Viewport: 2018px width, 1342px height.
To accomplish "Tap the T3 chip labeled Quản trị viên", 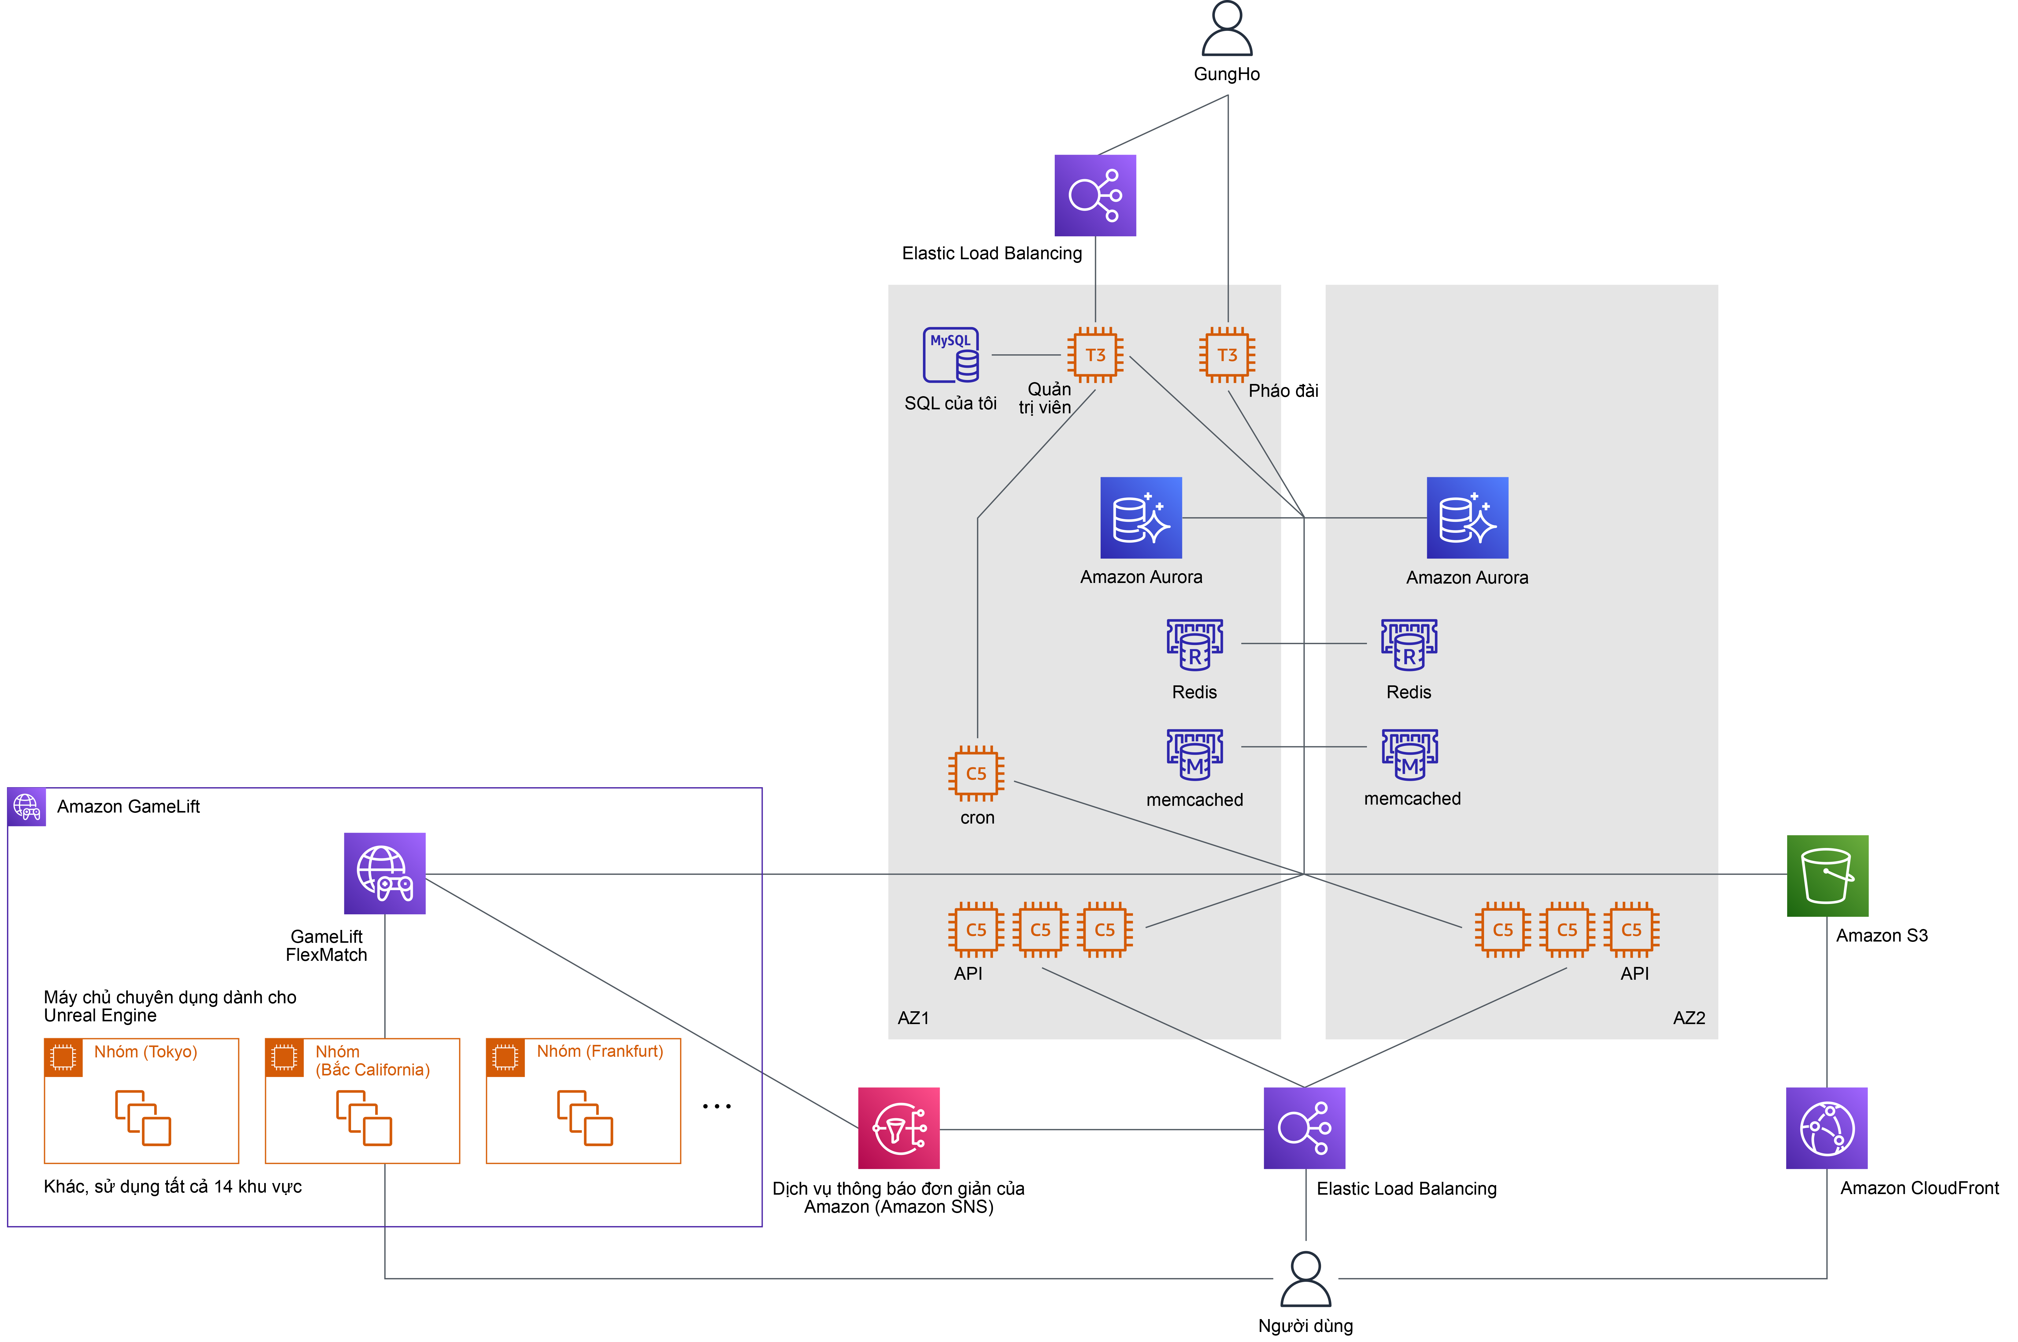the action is [x=1095, y=354].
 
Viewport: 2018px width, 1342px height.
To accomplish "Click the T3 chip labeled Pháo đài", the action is [x=1227, y=354].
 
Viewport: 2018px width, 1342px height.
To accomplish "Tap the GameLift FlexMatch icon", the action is [x=384, y=873].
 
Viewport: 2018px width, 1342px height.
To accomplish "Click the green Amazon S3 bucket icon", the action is [x=1827, y=876].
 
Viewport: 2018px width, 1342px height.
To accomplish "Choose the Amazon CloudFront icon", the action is [x=1826, y=1128].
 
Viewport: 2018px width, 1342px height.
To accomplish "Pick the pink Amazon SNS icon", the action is [x=899, y=1128].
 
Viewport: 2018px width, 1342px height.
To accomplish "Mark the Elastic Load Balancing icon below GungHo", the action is [x=1095, y=195].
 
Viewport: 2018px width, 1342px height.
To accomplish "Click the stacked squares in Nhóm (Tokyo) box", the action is [x=143, y=1118].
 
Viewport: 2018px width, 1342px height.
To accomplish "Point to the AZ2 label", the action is [x=1688, y=1018].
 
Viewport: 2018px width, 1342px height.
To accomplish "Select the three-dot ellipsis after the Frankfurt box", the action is [x=716, y=1107].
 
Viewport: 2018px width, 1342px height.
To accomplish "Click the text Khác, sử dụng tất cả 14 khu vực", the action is [x=173, y=1186].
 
